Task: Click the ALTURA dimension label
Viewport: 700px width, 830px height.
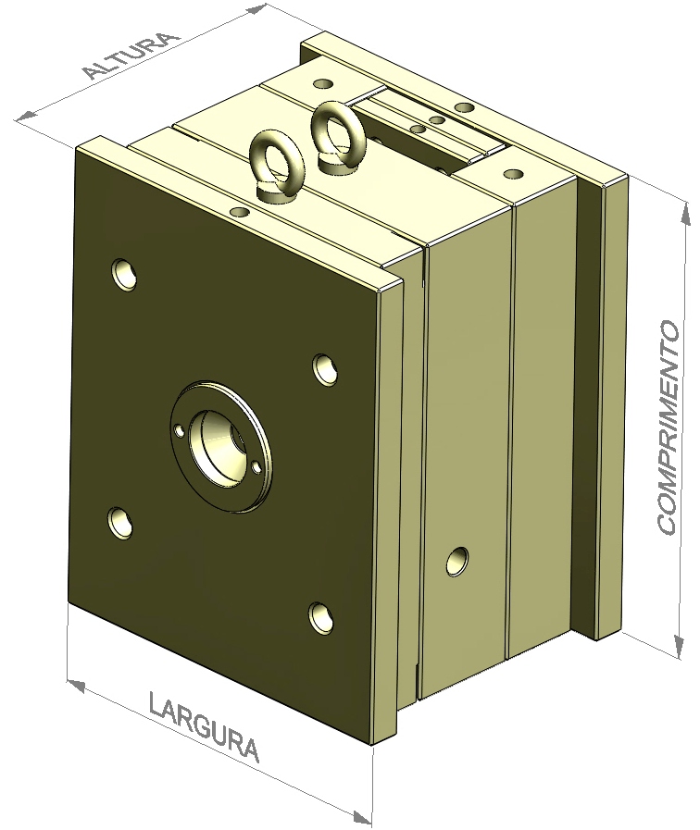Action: (x=130, y=56)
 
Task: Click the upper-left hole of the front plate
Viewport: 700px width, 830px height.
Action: (x=124, y=274)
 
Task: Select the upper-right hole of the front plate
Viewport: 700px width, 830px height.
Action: (x=325, y=368)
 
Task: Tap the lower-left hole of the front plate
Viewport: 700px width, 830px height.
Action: (x=120, y=522)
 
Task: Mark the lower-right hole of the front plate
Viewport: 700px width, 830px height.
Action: (x=321, y=617)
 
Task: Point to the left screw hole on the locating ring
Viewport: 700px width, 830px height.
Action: (x=179, y=428)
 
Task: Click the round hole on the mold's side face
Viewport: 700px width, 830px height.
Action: (x=456, y=561)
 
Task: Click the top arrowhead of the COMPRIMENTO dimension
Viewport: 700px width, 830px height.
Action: (x=684, y=214)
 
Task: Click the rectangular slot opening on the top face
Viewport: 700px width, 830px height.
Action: (x=421, y=125)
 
